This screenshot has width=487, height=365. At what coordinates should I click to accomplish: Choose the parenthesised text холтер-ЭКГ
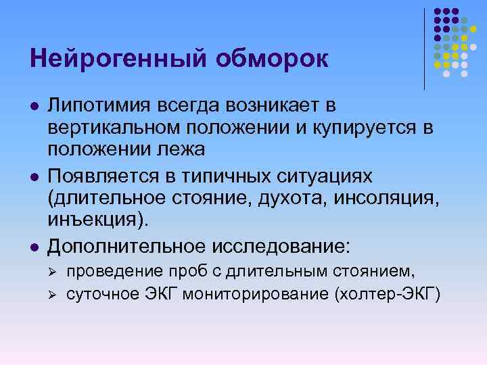[384, 293]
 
